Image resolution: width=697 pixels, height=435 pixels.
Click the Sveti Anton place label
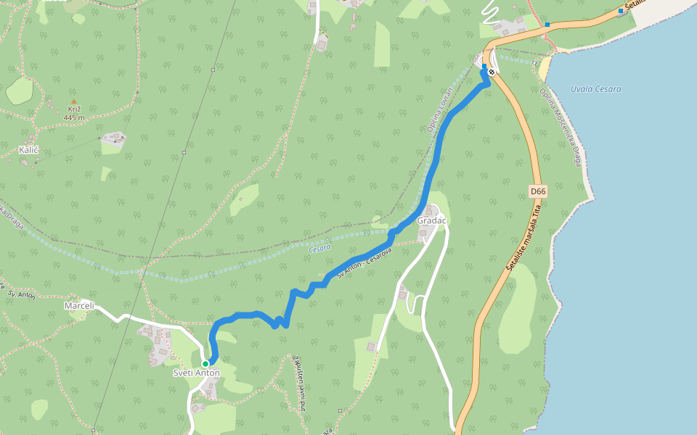196,373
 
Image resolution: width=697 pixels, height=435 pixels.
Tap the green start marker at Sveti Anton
205,364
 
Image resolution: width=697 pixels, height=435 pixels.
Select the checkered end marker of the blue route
492,72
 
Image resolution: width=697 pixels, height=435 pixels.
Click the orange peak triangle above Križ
73,102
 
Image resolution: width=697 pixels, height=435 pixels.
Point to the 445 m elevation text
73,117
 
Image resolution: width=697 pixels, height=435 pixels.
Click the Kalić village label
28,150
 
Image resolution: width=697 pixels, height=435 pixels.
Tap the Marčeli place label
79,305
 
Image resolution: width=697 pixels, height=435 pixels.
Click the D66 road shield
537,191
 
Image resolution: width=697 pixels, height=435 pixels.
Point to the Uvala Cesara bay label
595,89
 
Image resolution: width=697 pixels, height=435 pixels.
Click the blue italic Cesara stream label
319,248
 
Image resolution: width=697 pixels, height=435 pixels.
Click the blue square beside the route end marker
484,66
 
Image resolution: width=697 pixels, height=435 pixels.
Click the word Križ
73,109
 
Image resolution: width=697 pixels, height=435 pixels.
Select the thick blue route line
436,167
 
